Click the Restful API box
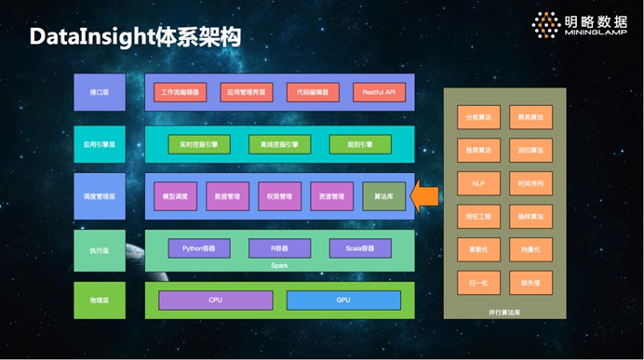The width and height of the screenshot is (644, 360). [x=379, y=93]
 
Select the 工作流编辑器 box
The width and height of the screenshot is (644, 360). [x=180, y=93]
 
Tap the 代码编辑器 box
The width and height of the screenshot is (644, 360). [x=312, y=93]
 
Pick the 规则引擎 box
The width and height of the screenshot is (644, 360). [x=353, y=145]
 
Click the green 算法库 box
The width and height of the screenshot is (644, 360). [x=383, y=196]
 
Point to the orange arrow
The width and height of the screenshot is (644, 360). [x=425, y=196]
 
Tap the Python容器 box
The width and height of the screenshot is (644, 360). [x=199, y=247]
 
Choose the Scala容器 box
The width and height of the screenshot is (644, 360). [x=354, y=247]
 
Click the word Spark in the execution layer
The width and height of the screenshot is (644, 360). [x=279, y=264]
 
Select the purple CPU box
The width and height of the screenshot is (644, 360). [x=215, y=300]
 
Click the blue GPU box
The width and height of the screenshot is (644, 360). [x=343, y=300]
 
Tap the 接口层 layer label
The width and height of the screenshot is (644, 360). [x=100, y=93]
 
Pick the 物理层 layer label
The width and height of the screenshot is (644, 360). [x=100, y=300]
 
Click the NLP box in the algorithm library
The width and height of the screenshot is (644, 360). [x=478, y=182]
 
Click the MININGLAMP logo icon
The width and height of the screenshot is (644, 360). [x=544, y=25]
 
